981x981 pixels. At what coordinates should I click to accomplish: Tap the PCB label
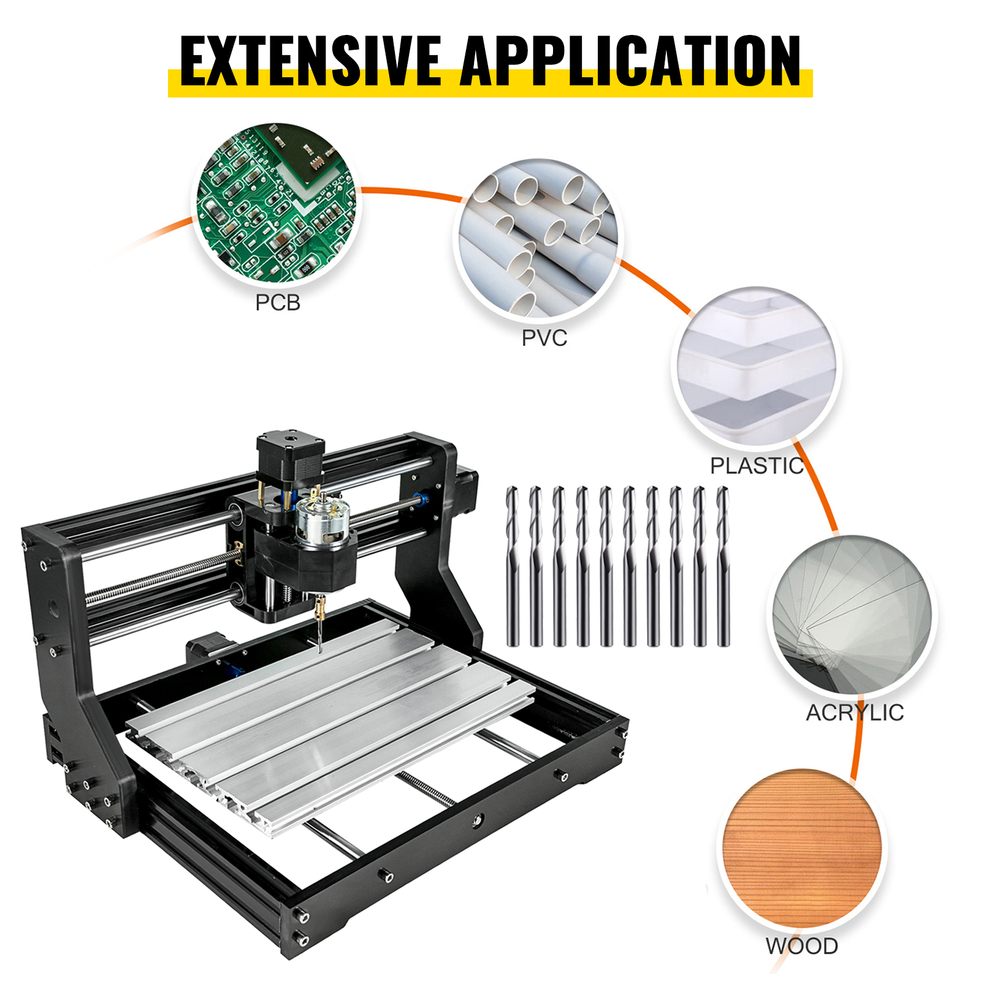(x=278, y=303)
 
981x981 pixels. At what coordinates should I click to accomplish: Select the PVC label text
(x=544, y=338)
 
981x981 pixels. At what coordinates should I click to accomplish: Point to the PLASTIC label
(x=756, y=466)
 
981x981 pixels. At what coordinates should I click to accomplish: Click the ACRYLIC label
(x=854, y=712)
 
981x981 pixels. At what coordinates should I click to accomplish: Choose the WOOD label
(x=801, y=946)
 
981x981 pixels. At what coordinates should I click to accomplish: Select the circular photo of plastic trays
(x=757, y=367)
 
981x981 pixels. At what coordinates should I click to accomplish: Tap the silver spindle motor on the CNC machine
(x=323, y=521)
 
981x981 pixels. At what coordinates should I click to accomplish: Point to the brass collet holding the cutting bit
(x=319, y=610)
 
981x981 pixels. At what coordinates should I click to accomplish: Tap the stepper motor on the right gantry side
(x=466, y=490)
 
